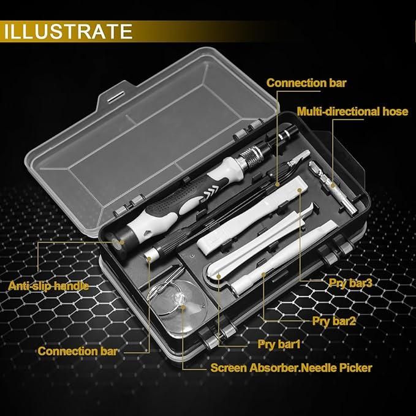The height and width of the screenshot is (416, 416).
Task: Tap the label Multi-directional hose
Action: pyautogui.click(x=352, y=111)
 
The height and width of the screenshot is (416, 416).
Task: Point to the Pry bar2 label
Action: pyautogui.click(x=335, y=320)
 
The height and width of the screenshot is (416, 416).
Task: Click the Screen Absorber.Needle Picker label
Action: pyautogui.click(x=291, y=368)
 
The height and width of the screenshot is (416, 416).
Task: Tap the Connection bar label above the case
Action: pyautogui.click(x=307, y=83)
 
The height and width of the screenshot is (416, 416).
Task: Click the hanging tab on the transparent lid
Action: pyautogui.click(x=112, y=96)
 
